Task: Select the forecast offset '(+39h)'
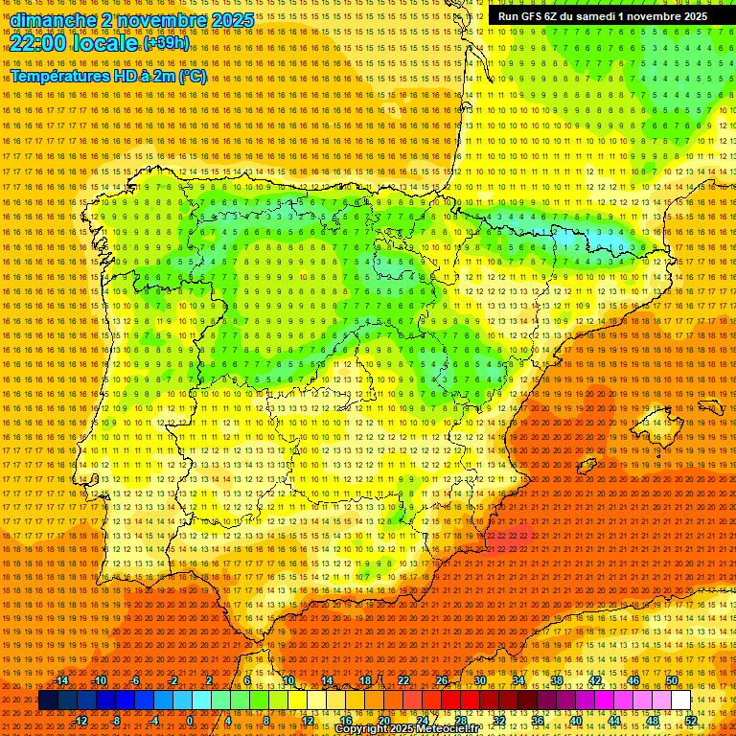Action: coord(166,43)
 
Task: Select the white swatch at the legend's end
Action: coord(681,701)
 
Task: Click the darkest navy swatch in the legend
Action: coord(48,701)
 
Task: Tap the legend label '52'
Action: coord(691,721)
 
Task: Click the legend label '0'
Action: coord(190,721)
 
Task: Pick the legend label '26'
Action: coord(442,680)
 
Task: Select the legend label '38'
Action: coord(557,680)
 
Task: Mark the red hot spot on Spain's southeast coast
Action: coord(509,539)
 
